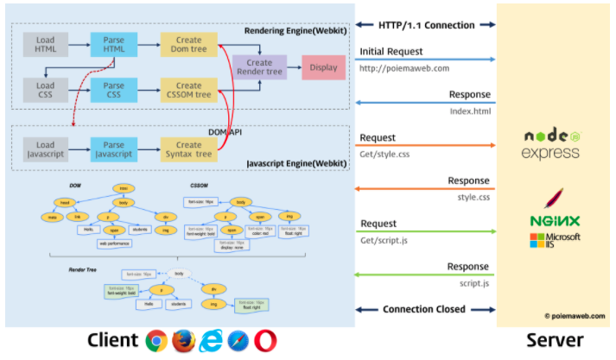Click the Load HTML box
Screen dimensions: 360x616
pos(46,45)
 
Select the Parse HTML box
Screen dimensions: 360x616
pos(113,45)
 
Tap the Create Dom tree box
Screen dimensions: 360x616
pos(188,45)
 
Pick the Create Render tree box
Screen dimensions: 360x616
pos(259,67)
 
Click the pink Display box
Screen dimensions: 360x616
pos(324,67)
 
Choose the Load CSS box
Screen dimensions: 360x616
pos(46,91)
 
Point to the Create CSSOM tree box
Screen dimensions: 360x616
pos(188,91)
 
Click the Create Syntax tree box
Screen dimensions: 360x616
pos(188,150)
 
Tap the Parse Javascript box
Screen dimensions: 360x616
pos(113,150)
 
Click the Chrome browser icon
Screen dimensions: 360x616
pos(156,341)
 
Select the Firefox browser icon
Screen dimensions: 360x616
pos(182,341)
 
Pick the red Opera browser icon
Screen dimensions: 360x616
pos(266,341)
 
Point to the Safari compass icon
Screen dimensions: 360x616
pos(238,341)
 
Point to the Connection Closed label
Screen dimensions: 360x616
pos(423,309)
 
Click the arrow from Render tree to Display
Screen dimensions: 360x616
pos(294,67)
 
